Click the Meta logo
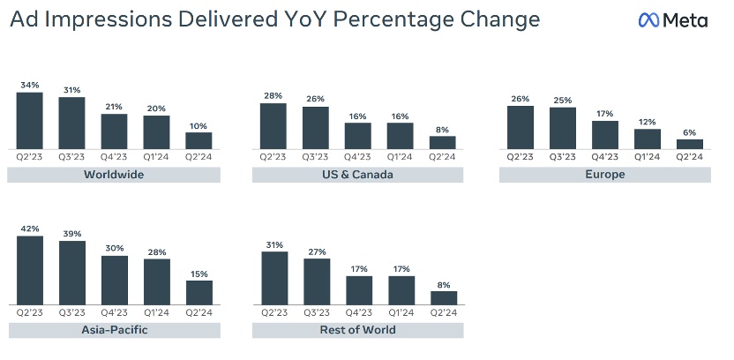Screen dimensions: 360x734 pyautogui.click(x=673, y=19)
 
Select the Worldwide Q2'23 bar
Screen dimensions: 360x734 pyautogui.click(x=29, y=120)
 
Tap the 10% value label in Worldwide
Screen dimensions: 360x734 pyautogui.click(x=198, y=124)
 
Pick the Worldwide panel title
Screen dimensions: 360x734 pyautogui.click(x=114, y=175)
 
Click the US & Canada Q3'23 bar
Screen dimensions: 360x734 pyautogui.click(x=315, y=128)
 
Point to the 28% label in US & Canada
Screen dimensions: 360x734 pyautogui.click(x=273, y=95)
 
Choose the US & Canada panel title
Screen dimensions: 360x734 pyautogui.click(x=357, y=175)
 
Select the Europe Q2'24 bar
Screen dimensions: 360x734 pyautogui.click(x=690, y=144)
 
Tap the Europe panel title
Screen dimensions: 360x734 pyautogui.click(x=604, y=175)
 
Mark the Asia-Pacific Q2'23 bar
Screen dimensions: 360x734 pyautogui.click(x=29, y=269)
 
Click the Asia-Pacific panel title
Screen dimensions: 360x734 pyautogui.click(x=114, y=330)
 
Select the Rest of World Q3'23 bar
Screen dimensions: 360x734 pyautogui.click(x=315, y=282)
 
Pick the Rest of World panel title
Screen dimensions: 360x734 pyautogui.click(x=357, y=330)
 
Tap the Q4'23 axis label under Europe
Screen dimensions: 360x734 pyautogui.click(x=604, y=156)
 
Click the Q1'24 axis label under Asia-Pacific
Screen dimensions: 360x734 pyautogui.click(x=156, y=311)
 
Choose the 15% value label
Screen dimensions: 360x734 pyautogui.click(x=198, y=274)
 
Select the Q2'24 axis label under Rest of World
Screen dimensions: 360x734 pyautogui.click(x=443, y=311)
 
